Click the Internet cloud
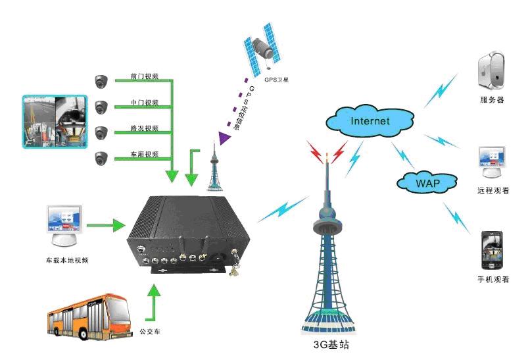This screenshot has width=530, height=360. tap(370, 120)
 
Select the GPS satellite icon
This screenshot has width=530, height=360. tap(265, 47)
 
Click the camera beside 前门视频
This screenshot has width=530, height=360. tap(101, 81)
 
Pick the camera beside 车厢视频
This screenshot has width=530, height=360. tap(101, 158)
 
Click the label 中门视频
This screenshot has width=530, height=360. tap(145, 103)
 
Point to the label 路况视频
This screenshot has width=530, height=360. tap(145, 128)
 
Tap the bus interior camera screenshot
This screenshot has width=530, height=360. tap(55, 121)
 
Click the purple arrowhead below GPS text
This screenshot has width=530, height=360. tap(225, 137)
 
